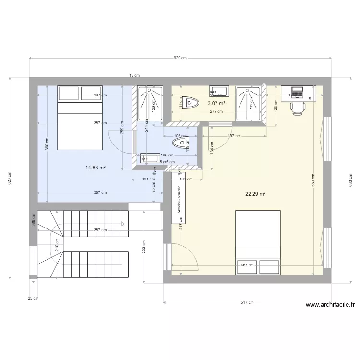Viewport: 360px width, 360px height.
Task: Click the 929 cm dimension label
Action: (180, 58)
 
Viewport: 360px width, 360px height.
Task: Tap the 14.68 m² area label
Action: (96, 168)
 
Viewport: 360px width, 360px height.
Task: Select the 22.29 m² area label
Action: (255, 194)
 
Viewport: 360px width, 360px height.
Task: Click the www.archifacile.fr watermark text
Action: (330, 304)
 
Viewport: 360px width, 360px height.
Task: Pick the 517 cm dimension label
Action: (247, 302)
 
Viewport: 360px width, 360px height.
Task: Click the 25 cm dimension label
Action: (33, 298)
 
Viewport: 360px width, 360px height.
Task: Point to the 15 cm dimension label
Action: (134, 75)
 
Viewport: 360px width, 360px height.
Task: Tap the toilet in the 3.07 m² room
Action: (191, 102)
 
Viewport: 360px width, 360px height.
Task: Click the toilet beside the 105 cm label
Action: (180, 144)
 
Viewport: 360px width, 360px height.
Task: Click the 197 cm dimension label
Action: (234, 136)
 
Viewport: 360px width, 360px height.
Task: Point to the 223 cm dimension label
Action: (144, 249)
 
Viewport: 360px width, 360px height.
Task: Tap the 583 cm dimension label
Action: (313, 180)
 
